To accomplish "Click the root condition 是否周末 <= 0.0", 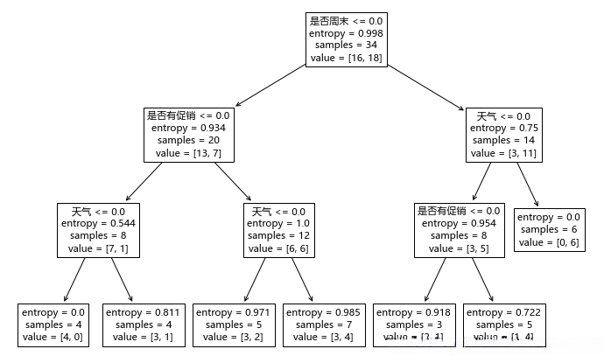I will pyautogui.click(x=346, y=20).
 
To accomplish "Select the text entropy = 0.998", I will pyautogui.click(x=346, y=33).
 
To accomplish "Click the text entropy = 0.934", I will pyautogui.click(x=188, y=128).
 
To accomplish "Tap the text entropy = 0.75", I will pyautogui.click(x=503, y=128).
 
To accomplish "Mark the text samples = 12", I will pyautogui.click(x=279, y=236).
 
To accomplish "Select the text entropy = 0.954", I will pyautogui.click(x=459, y=224).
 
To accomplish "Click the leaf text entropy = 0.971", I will pyautogui.click(x=234, y=312).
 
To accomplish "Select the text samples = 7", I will pyautogui.click(x=324, y=325).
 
